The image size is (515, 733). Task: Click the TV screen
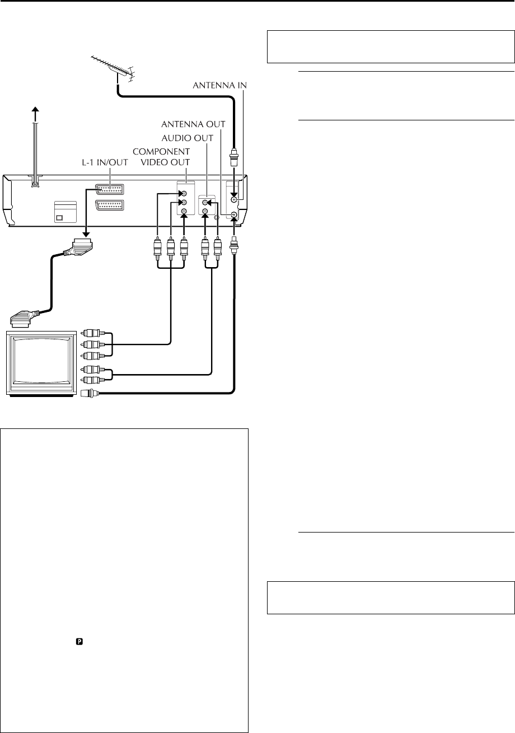pyautogui.click(x=40, y=364)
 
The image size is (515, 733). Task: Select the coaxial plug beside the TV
pyautogui.click(x=90, y=393)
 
